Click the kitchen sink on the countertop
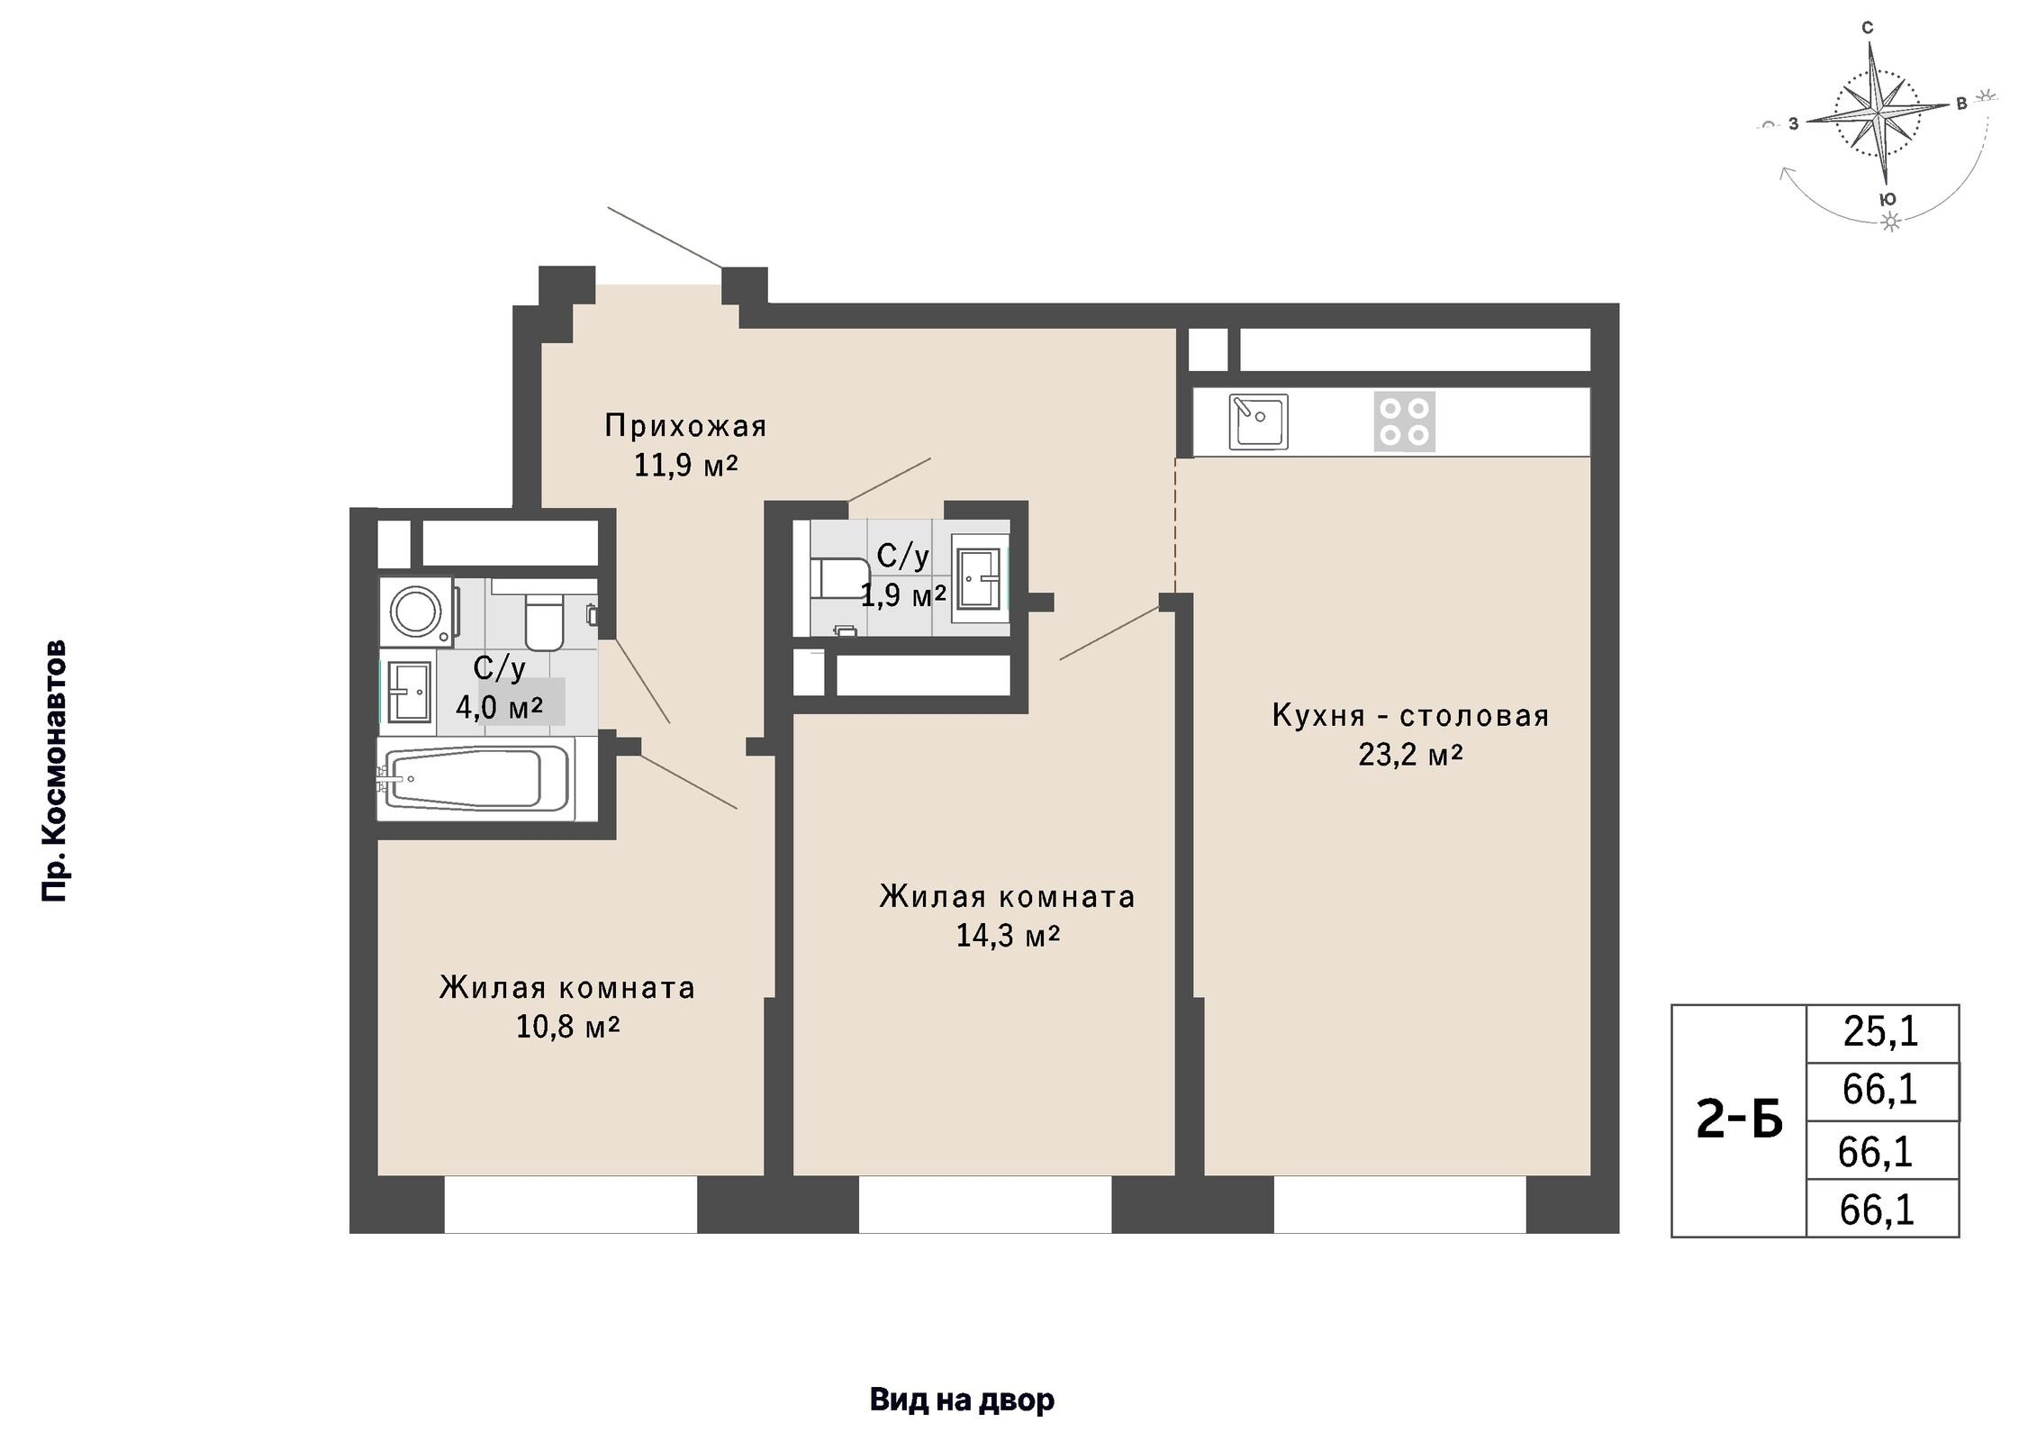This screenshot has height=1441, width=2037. (x=1258, y=421)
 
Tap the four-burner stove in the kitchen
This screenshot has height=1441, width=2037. (x=1404, y=421)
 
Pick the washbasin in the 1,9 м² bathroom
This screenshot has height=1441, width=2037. (x=981, y=579)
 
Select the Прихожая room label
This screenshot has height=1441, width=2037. (x=685, y=425)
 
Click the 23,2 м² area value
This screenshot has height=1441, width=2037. (x=1410, y=754)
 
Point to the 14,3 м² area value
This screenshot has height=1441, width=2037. (x=1008, y=935)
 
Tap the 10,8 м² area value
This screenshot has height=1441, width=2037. (x=567, y=1026)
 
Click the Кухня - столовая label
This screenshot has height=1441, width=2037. (x=1410, y=715)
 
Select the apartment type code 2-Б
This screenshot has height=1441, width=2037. (x=1739, y=1121)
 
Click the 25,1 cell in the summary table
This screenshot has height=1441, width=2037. (x=1881, y=1033)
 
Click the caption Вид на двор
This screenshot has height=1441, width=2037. (x=962, y=1400)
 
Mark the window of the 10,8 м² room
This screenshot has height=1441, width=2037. (x=571, y=1204)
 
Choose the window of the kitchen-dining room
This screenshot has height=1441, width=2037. (x=1399, y=1204)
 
